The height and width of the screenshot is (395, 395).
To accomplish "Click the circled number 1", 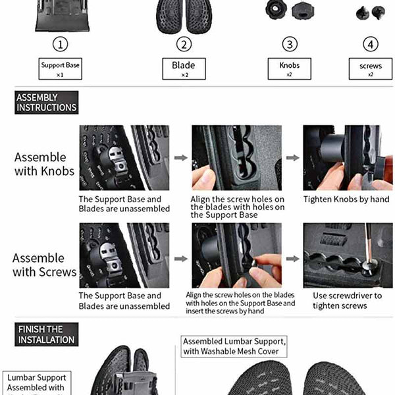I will [x=61, y=45].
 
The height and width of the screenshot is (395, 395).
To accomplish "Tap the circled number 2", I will [x=184, y=45].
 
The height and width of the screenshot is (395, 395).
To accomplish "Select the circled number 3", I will [x=289, y=45].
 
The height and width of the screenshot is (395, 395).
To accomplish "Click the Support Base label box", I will [x=60, y=68].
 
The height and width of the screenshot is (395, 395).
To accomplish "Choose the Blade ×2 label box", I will [x=184, y=68].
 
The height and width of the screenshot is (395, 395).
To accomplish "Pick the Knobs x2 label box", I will [x=289, y=68].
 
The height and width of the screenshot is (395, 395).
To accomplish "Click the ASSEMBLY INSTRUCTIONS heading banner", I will [x=46, y=103].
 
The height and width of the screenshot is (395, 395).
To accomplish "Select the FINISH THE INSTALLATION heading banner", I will [x=46, y=334].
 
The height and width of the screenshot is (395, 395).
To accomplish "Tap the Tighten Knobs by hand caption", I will [x=346, y=199].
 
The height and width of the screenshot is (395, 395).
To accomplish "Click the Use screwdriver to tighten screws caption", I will [x=347, y=300].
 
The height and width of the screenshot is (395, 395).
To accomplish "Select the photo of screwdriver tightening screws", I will [x=347, y=255].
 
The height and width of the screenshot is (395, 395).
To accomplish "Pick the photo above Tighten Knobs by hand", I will [x=347, y=157].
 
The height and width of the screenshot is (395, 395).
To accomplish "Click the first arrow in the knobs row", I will [x=180, y=158].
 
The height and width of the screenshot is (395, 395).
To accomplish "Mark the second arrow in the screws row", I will [x=292, y=258].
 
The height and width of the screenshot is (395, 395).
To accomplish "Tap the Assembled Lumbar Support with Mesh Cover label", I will [x=234, y=346].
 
